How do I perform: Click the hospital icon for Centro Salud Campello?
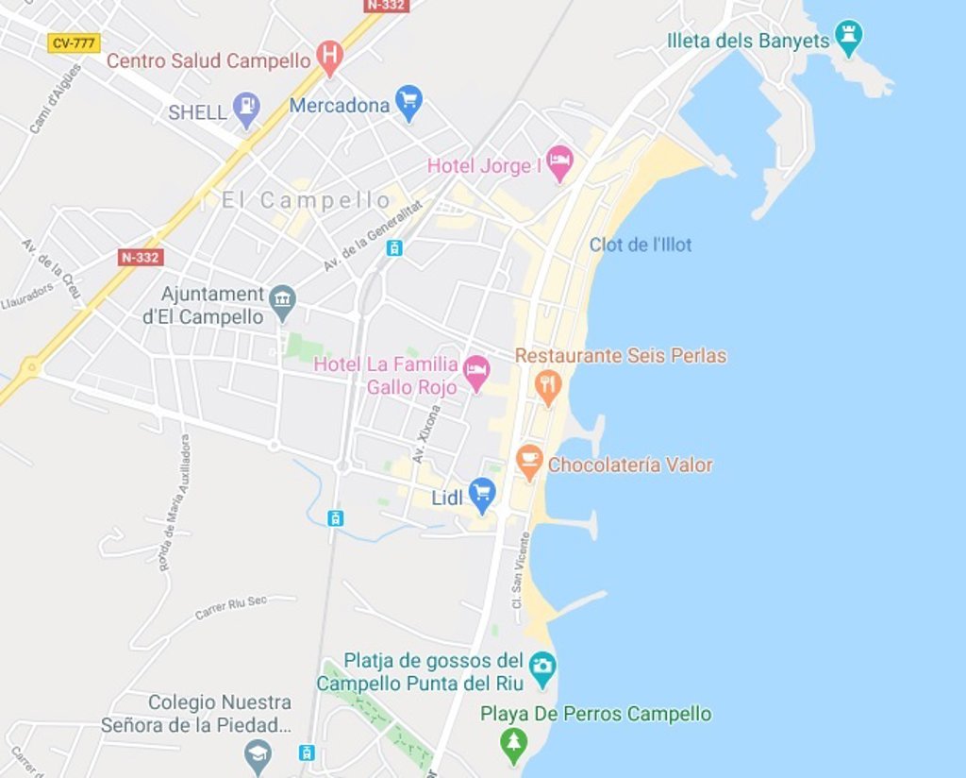[x=329, y=58]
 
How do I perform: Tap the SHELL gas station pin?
[x=247, y=109]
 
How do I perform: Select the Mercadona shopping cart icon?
[x=408, y=102]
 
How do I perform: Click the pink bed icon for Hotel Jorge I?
[x=559, y=162]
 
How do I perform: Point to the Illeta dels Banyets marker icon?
[x=849, y=38]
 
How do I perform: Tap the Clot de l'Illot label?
[x=641, y=245]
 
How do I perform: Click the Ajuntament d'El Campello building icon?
[x=282, y=301]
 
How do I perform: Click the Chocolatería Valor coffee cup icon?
[x=530, y=462]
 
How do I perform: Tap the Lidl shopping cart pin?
[x=482, y=493]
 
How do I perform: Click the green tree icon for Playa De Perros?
[x=513, y=743]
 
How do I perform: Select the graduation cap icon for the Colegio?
[x=258, y=754]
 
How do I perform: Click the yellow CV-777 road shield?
[x=74, y=42]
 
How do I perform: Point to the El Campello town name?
[x=306, y=200]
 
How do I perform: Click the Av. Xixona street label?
[x=426, y=433]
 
